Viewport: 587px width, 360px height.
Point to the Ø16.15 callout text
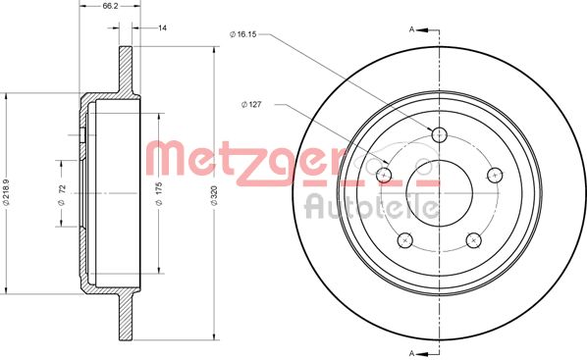click(x=242, y=35)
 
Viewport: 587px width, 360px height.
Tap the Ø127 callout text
click(x=252, y=105)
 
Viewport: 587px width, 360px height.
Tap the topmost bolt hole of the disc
click(x=439, y=134)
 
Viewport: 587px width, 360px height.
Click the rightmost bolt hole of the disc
click(x=495, y=175)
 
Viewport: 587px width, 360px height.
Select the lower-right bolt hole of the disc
click(x=473, y=240)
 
